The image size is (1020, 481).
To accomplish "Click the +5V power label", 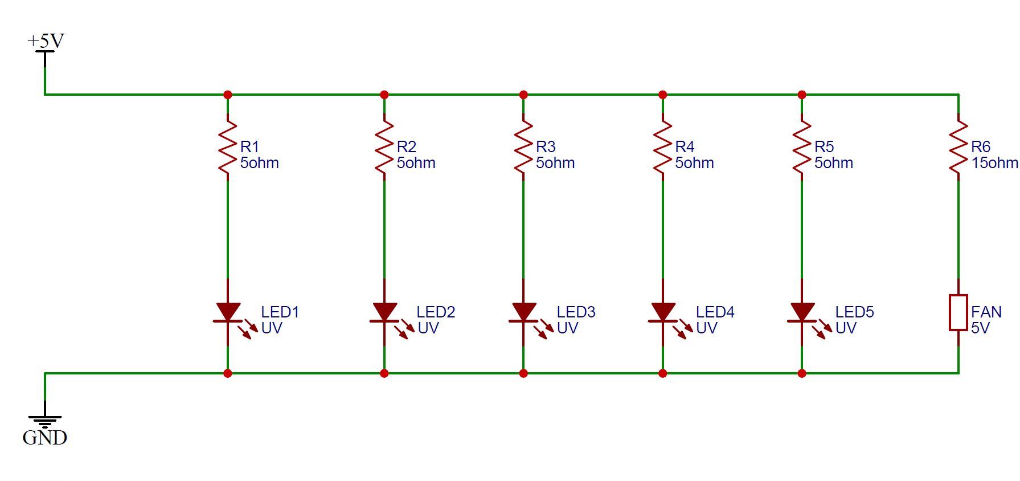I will click(x=46, y=41).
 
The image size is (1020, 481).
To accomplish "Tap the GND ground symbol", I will click(x=45, y=422).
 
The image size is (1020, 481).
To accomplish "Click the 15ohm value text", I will click(x=994, y=163).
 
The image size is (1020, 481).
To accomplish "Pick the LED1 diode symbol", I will click(x=228, y=313).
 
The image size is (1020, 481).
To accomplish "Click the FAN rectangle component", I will click(x=958, y=312).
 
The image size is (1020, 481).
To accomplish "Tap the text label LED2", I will click(x=436, y=312).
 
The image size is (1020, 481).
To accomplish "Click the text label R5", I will click(x=824, y=146).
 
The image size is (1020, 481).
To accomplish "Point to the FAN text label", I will click(x=986, y=312).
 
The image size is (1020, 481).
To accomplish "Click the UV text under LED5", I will click(x=846, y=328).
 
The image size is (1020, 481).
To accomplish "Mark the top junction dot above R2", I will click(x=384, y=95).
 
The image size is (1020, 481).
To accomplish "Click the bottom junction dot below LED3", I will click(x=523, y=374).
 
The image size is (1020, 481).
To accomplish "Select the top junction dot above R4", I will click(x=662, y=95).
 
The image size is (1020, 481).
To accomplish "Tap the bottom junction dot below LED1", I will click(x=228, y=374).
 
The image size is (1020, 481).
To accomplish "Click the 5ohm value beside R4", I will click(x=694, y=163).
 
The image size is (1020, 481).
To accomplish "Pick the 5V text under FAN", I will click(x=981, y=328).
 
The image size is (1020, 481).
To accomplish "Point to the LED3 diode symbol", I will click(x=523, y=313).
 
